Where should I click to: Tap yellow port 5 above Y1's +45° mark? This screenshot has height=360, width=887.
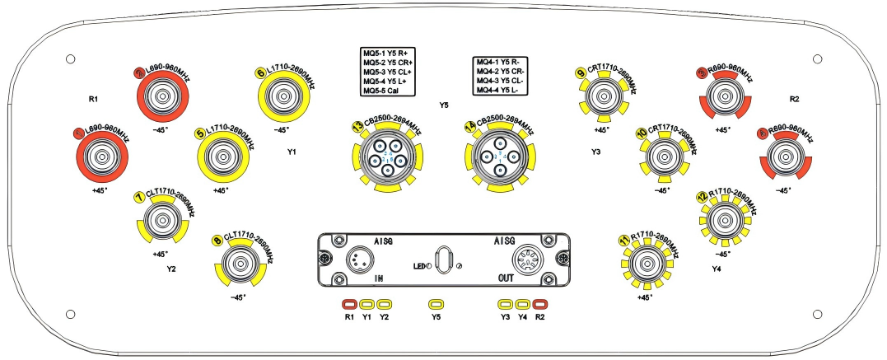[222, 156]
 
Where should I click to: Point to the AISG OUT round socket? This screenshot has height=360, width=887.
[526, 261]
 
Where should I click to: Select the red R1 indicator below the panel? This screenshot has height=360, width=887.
[349, 304]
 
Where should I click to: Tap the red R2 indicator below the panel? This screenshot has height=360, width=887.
[540, 304]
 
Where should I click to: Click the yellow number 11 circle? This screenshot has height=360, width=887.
[623, 240]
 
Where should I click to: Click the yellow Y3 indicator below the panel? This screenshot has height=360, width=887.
[504, 304]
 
